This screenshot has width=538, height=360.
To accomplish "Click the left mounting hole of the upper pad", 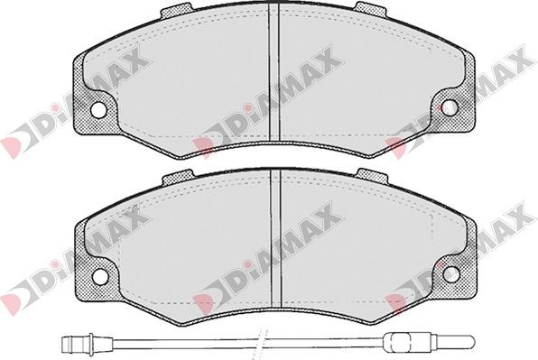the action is [98, 109].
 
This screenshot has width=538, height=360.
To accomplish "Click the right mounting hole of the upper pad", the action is [450, 108].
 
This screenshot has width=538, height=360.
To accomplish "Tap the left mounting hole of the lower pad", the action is [100, 274].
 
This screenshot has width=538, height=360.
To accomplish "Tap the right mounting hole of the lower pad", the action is [450, 273].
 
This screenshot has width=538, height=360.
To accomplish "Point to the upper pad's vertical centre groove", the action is [274, 72].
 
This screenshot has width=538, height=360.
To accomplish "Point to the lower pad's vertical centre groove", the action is [276, 237].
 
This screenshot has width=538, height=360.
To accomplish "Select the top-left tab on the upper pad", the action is [176, 10].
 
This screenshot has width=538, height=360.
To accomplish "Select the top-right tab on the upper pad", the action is [371, 9].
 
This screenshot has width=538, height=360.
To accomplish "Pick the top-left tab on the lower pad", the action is [178, 177].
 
